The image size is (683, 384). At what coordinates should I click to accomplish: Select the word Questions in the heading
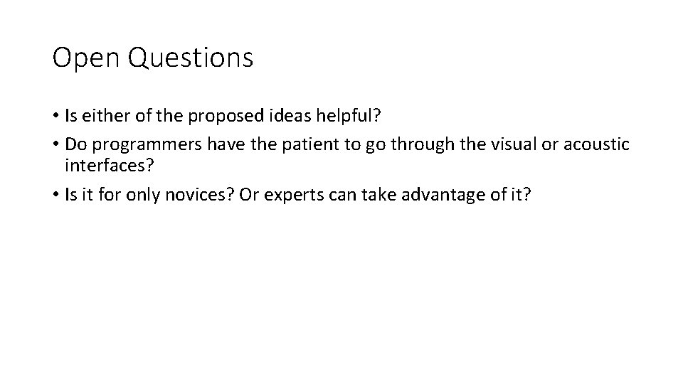[x=190, y=58]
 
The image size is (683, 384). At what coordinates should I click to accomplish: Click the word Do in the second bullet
[x=74, y=145]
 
